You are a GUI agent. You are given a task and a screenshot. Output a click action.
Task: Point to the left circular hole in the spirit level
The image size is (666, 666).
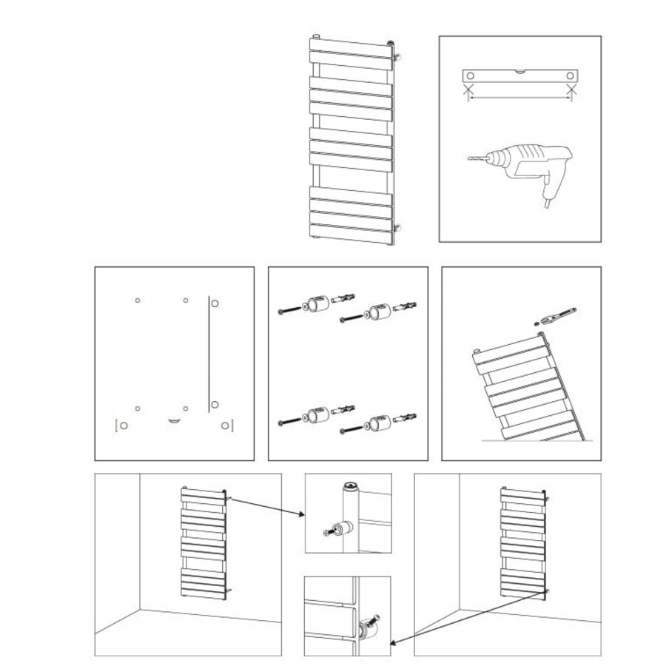[469, 76]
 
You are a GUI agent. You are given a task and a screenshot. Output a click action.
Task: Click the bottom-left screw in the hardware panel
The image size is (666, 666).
[289, 422]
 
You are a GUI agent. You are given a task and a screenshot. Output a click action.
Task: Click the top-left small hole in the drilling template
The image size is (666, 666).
[138, 300]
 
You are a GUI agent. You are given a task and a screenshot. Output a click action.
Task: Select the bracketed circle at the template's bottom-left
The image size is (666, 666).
[122, 425]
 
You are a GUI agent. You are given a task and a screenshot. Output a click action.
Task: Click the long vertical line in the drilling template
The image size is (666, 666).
[210, 351]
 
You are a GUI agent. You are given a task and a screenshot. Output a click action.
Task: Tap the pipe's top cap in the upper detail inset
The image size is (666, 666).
[349, 485]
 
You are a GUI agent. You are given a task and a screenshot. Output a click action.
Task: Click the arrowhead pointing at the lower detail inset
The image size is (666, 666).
[394, 642]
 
